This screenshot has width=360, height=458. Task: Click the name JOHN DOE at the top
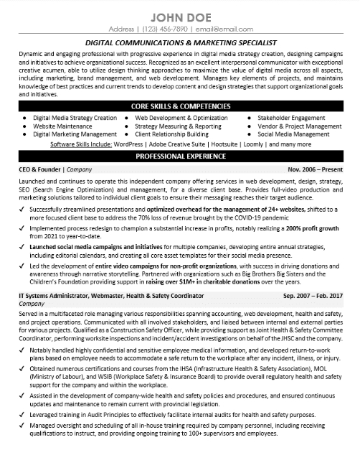pyautogui.click(x=180, y=15)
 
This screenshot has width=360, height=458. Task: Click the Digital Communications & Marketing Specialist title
pyautogui.click(x=180, y=42)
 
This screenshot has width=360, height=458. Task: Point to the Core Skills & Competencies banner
pyautogui.click(x=180, y=106)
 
